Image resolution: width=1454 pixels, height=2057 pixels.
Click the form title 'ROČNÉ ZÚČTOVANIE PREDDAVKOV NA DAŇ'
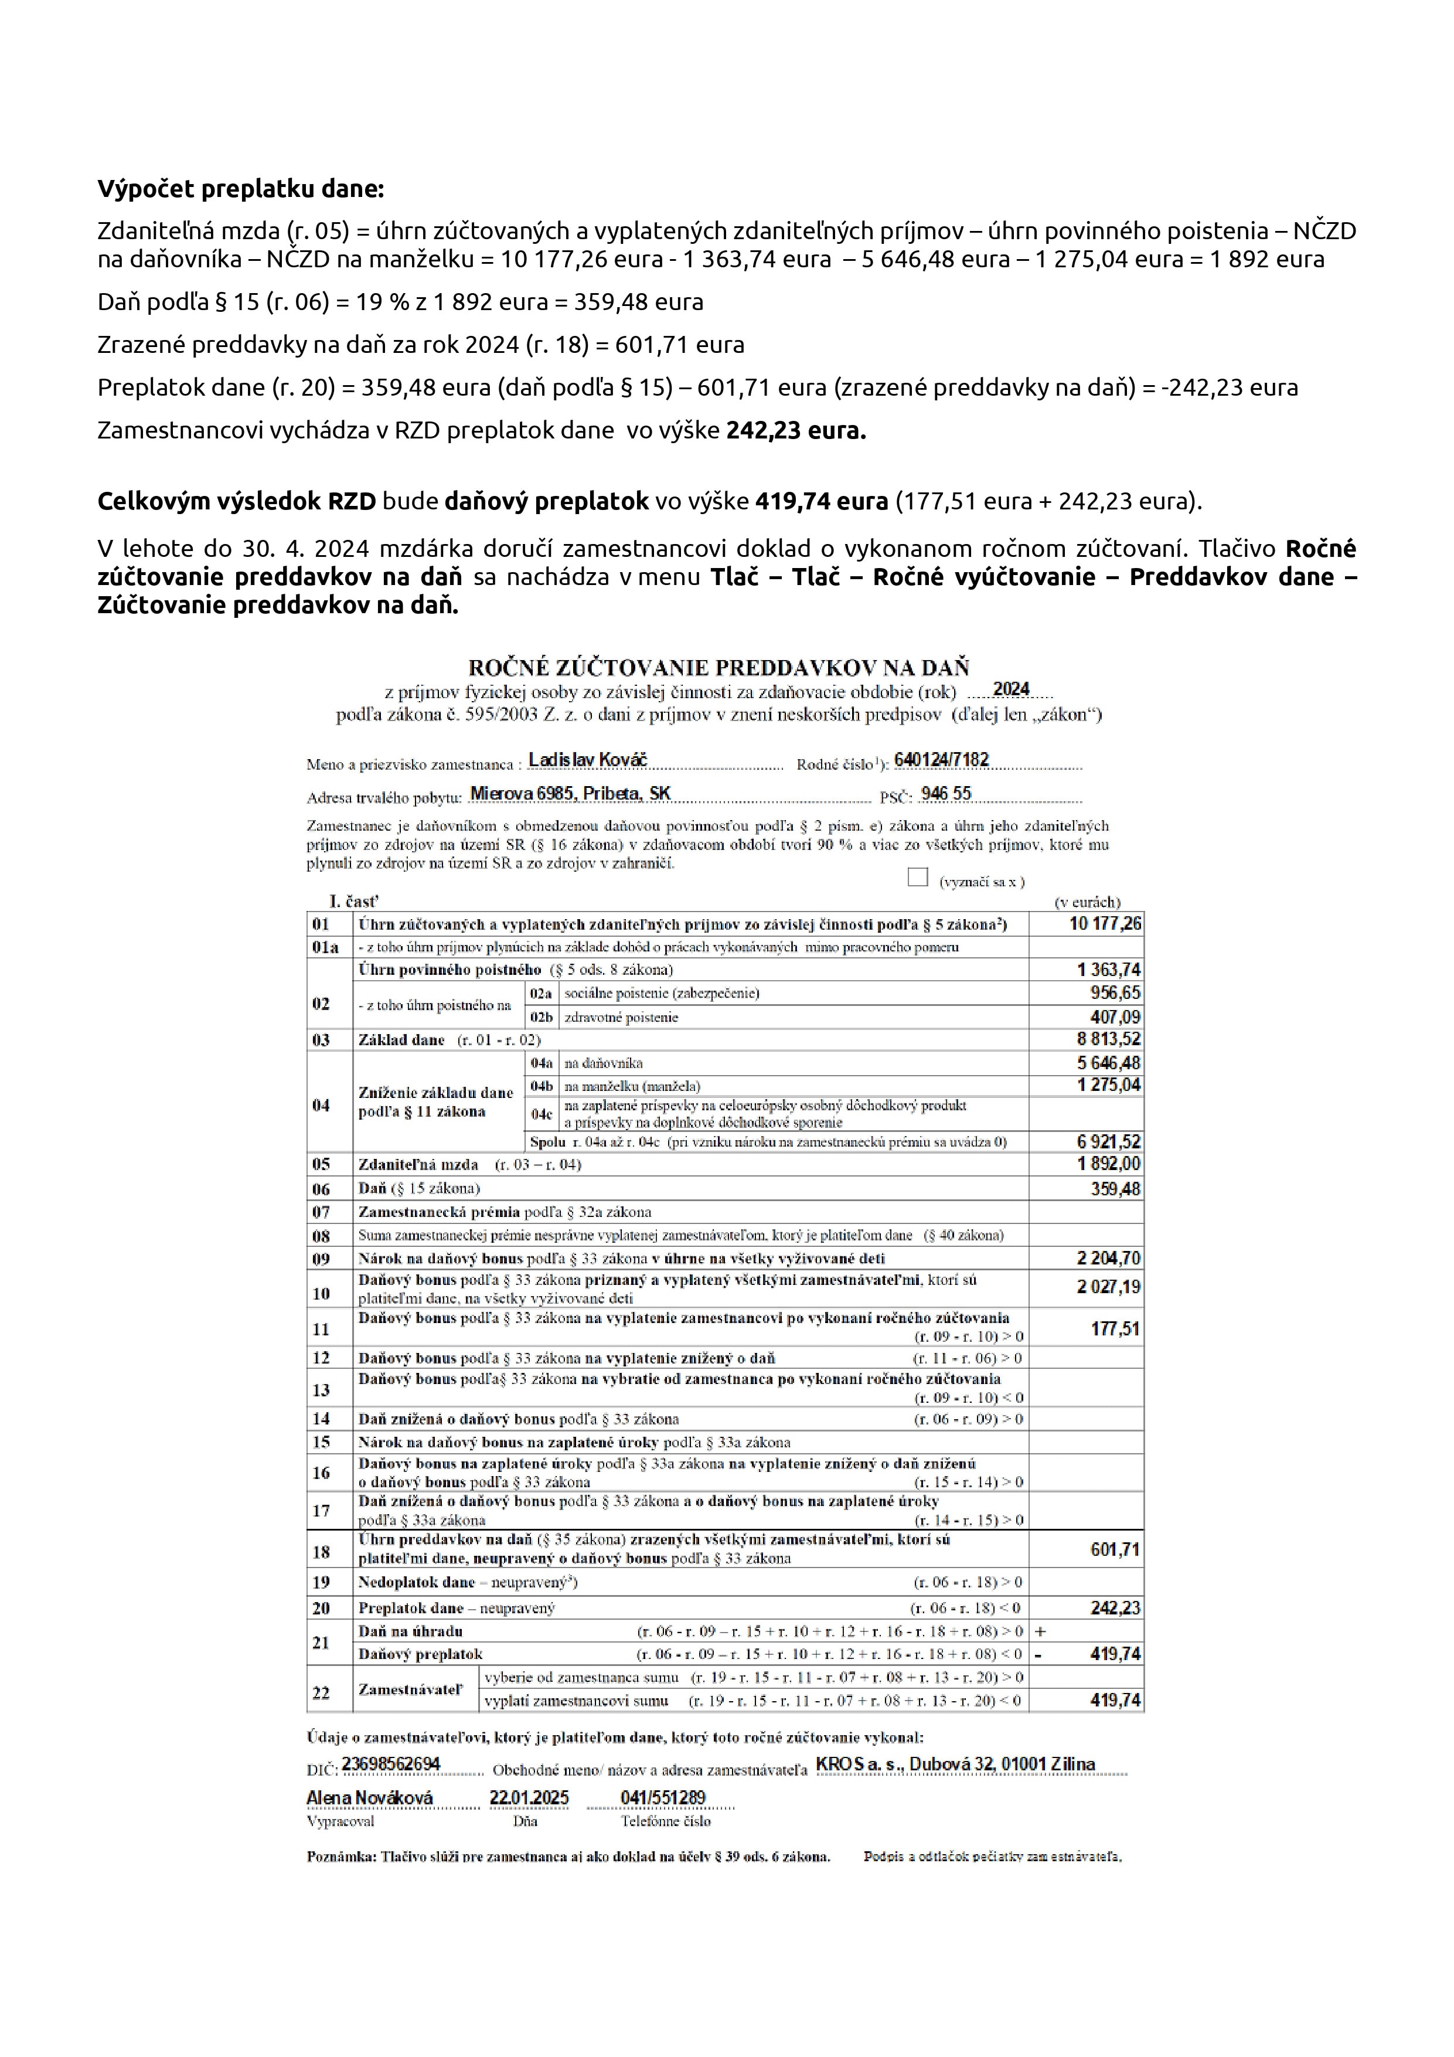[719, 668]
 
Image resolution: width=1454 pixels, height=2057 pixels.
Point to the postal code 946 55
[945, 794]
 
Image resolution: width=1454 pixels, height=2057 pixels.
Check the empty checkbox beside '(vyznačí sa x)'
[917, 877]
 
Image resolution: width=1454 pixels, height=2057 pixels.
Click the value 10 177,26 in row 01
[1105, 924]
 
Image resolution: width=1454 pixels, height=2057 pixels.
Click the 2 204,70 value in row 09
[1108, 1258]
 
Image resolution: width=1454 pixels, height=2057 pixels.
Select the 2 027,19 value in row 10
[1108, 1287]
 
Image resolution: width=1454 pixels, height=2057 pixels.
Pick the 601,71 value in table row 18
[1115, 1549]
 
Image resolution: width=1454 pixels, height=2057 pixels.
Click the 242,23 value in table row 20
[1115, 1608]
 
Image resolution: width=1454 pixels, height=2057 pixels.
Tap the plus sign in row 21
[1040, 1631]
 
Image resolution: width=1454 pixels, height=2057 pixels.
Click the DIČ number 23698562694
[391, 1764]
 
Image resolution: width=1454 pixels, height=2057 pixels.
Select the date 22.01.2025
[529, 1798]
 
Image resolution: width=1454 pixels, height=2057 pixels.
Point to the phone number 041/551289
[663, 1798]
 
